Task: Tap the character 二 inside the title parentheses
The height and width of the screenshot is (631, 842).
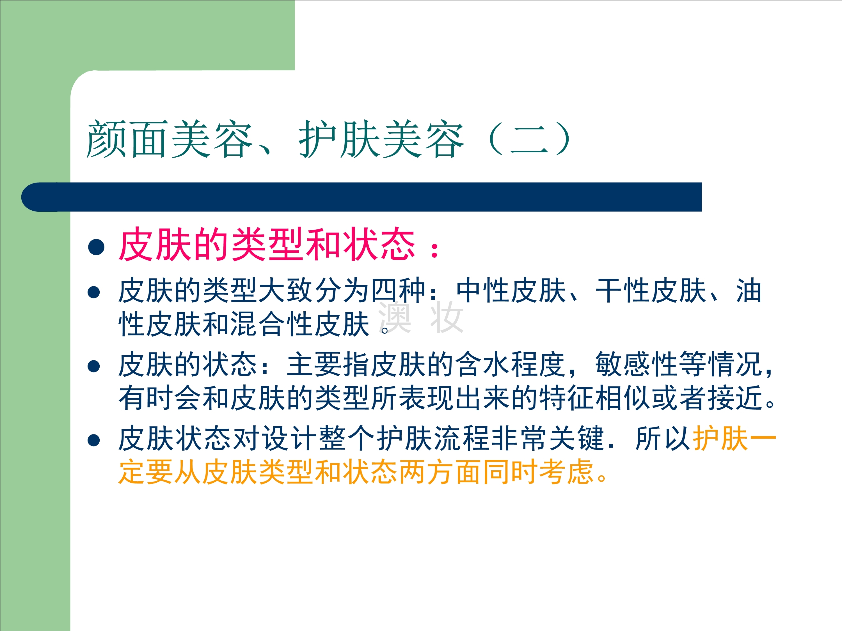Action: (529, 140)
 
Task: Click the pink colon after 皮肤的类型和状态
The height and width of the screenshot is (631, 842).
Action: (434, 250)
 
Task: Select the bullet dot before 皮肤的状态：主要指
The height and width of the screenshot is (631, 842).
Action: (94, 366)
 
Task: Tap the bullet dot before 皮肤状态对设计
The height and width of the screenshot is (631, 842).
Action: (94, 440)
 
